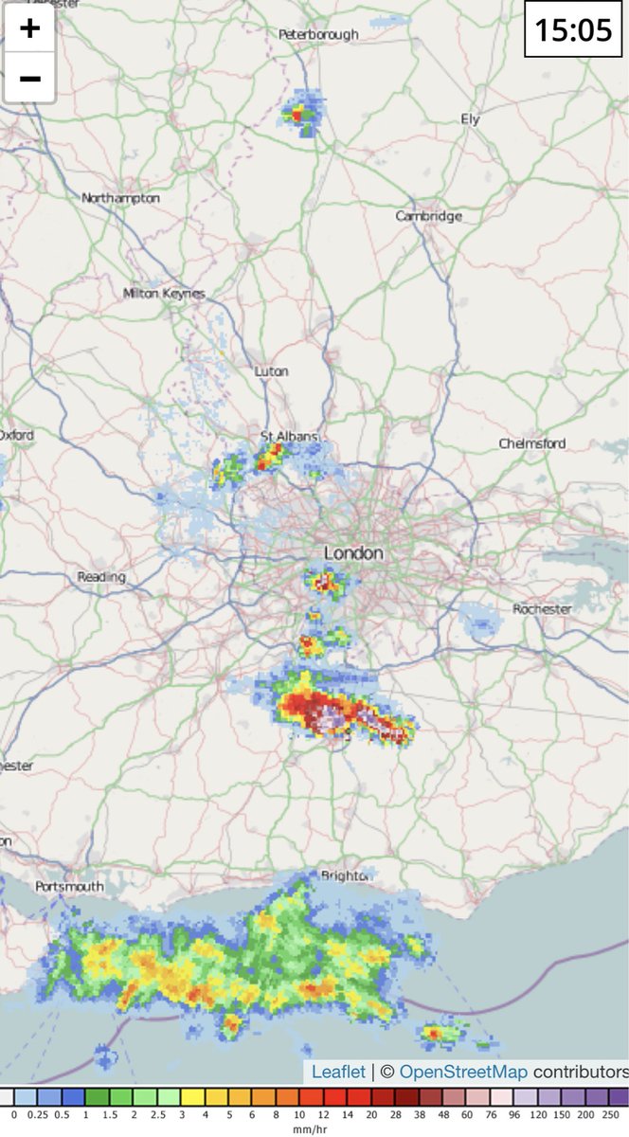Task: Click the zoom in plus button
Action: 29,27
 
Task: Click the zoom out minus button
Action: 29,77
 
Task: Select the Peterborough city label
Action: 318,34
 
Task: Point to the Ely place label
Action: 470,119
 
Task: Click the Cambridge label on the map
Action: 428,216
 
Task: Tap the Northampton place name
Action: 120,198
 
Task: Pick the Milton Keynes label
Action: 164,294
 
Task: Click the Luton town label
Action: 271,371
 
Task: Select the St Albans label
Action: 289,436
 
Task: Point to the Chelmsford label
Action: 531,443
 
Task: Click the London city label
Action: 353,552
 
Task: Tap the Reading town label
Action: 101,577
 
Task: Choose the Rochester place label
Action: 542,609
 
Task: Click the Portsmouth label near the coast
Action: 69,886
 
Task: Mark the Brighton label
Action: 343,875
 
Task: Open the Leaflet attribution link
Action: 338,1072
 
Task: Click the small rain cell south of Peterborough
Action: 302,112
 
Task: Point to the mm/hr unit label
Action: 314,1129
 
